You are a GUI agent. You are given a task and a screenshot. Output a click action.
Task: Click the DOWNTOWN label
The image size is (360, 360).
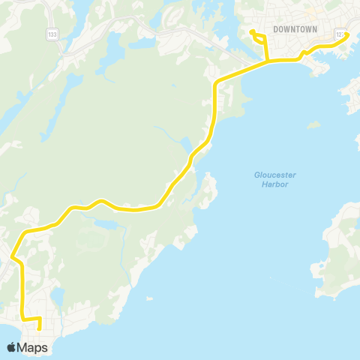(295, 29)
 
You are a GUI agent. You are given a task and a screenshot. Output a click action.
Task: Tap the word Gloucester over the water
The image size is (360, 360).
(274, 175)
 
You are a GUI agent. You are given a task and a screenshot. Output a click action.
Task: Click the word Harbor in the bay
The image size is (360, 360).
(274, 184)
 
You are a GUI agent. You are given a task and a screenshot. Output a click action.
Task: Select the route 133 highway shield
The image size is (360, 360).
(52, 34)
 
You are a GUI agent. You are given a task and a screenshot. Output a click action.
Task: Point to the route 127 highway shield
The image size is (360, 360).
(341, 34)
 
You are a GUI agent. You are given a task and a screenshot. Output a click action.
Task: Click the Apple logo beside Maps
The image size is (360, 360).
(12, 347)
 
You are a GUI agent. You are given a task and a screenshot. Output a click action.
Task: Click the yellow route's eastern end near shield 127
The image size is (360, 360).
(348, 34)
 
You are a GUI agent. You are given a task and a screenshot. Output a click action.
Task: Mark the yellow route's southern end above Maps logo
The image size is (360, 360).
(39, 328)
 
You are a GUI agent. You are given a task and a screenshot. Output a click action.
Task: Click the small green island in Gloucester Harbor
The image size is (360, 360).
(314, 124)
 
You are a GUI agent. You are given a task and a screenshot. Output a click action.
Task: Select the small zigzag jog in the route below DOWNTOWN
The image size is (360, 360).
(302, 54)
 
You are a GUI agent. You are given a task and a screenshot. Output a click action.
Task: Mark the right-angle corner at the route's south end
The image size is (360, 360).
(24, 319)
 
